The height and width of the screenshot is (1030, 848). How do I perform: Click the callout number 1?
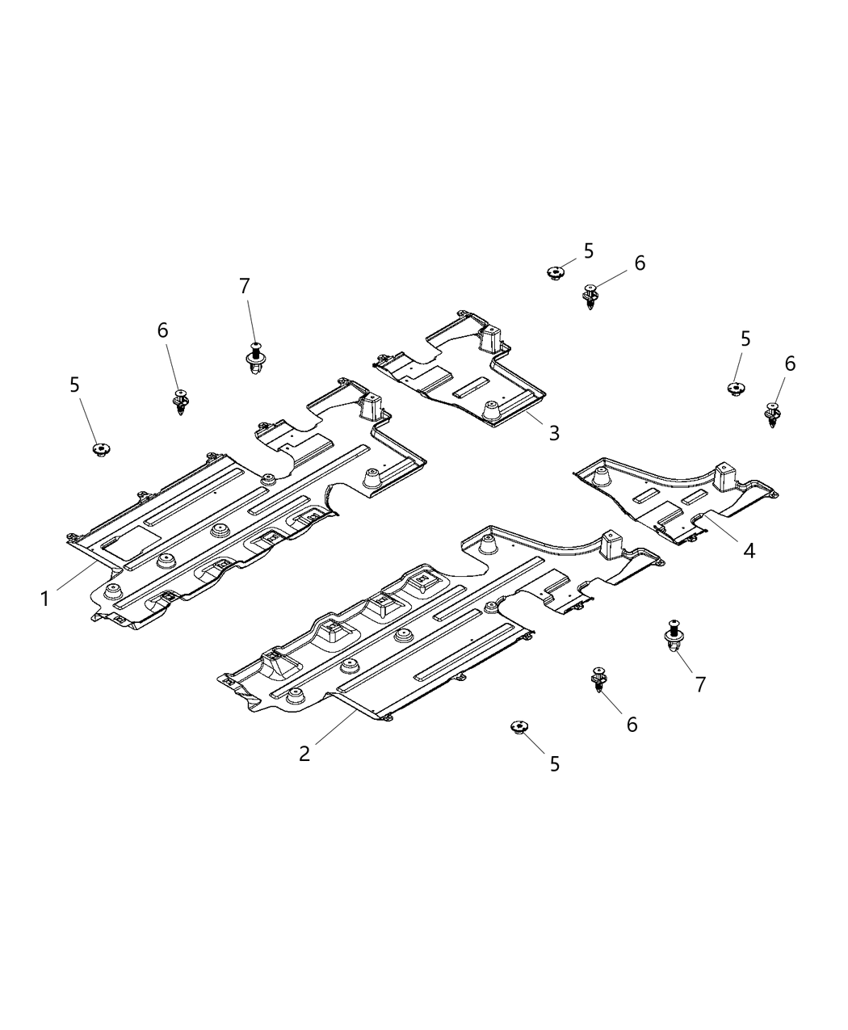(45, 599)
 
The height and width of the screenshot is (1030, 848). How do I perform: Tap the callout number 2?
(304, 753)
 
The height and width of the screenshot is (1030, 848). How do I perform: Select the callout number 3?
(553, 433)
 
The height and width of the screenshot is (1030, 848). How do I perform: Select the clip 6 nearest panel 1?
(181, 401)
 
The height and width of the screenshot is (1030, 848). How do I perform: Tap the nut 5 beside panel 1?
(101, 449)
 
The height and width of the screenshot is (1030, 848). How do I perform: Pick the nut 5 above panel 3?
(555, 273)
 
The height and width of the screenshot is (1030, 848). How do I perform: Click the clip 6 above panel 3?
(591, 296)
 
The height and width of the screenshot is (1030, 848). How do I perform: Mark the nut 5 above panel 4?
(734, 389)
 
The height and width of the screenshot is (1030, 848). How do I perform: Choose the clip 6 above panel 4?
(773, 414)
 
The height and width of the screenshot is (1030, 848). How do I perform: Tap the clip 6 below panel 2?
(598, 680)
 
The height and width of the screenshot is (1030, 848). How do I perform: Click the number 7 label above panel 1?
(245, 285)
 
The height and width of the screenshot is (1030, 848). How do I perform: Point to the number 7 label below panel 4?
(700, 683)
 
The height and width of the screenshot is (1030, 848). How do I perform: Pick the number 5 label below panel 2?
(554, 763)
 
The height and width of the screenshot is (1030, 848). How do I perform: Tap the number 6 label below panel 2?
(632, 725)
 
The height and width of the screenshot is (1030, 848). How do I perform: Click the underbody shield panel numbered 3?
(460, 372)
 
